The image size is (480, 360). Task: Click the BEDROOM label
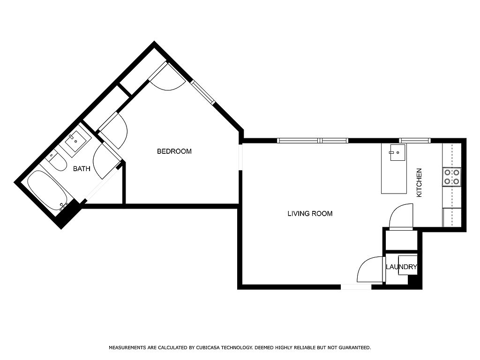(174, 151)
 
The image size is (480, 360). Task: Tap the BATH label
(82, 169)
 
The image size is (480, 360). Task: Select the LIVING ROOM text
(310, 214)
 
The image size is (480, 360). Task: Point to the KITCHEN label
(419, 183)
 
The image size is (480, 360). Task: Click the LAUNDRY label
(401, 267)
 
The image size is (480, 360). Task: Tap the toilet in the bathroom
(56, 161)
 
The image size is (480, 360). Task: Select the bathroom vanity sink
(75, 141)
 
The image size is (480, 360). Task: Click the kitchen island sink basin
(397, 152)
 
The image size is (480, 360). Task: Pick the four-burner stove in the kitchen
(451, 177)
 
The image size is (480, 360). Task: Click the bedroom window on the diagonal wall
(202, 92)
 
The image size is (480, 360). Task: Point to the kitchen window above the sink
(414, 141)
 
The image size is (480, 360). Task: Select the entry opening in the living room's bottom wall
(356, 287)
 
